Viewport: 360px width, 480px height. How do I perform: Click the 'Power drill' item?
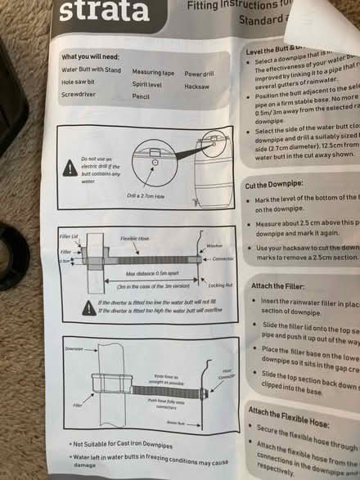coord(200,74)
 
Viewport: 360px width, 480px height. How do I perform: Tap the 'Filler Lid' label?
coord(70,236)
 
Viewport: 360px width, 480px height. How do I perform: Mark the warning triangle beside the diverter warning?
coord(87,307)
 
